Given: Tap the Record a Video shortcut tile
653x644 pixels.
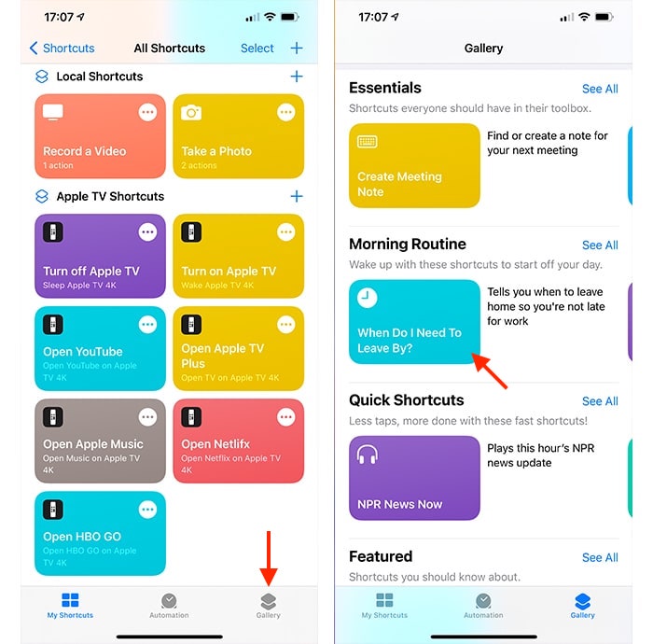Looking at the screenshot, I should click(x=100, y=136).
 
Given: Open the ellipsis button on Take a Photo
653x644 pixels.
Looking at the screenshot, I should click(x=286, y=113).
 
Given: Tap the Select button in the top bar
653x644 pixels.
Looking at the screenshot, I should click(x=257, y=48).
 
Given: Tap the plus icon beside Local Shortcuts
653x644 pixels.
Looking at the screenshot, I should click(x=297, y=77).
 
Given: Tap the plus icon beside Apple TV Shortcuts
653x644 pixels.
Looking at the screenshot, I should click(x=297, y=196).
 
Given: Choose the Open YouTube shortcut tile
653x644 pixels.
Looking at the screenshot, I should click(x=100, y=348).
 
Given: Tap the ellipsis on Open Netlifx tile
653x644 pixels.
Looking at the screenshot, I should click(x=286, y=417).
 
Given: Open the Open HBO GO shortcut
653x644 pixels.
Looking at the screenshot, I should click(x=100, y=533).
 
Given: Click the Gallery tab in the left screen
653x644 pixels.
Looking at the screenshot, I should click(x=269, y=605).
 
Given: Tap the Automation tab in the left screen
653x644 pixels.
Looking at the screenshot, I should click(x=169, y=605).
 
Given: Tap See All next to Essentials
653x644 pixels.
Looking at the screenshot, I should click(x=600, y=89).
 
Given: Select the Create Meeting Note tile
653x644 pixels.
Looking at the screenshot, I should click(x=414, y=165).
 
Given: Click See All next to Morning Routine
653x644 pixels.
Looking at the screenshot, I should click(x=600, y=245).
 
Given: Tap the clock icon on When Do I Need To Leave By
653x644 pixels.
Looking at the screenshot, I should click(x=368, y=298).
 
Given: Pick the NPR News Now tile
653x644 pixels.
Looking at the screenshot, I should click(x=414, y=478).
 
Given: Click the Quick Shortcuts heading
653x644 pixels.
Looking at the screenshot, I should click(x=406, y=399).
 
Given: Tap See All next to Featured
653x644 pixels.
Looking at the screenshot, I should click(x=600, y=557).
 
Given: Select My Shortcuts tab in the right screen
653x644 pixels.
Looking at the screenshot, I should click(x=384, y=605).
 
